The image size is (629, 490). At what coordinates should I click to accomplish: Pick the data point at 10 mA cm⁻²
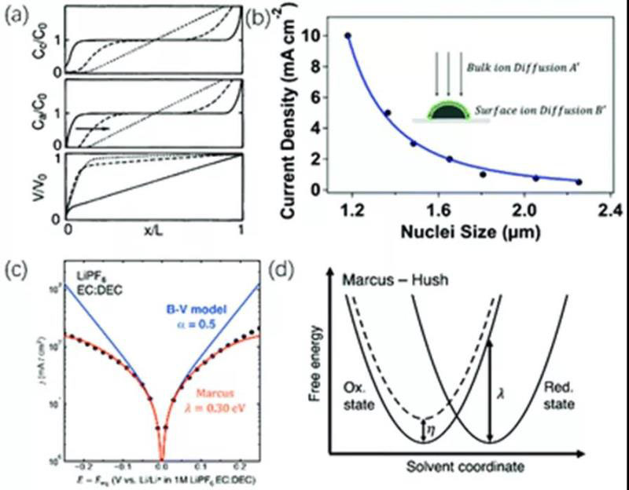(x=348, y=36)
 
